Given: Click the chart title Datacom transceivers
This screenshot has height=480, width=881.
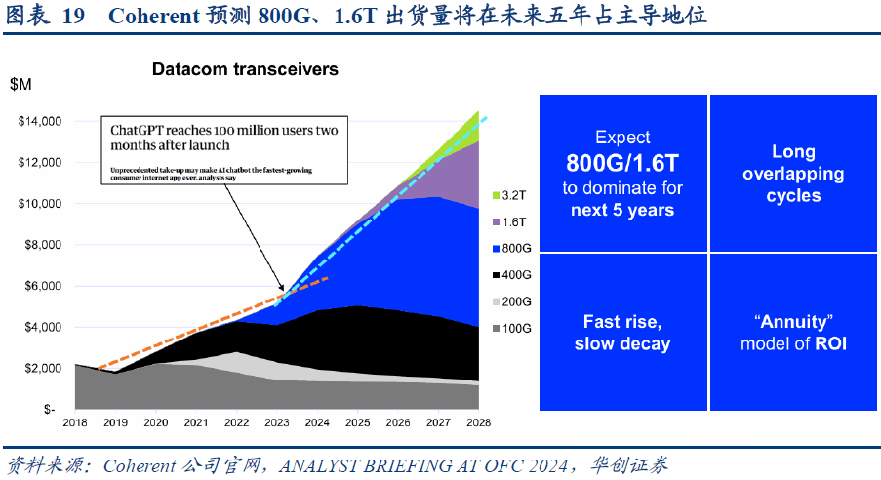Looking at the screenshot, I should pyautogui.click(x=245, y=69).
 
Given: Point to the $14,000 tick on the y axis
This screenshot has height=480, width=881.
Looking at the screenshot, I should pyautogui.click(x=40, y=121).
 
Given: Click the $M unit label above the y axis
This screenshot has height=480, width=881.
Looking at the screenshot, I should pyautogui.click(x=20, y=84).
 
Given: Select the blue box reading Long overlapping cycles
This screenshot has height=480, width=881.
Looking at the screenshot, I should pyautogui.click(x=793, y=174).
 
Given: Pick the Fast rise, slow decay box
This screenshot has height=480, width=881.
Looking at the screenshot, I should pyautogui.click(x=622, y=333).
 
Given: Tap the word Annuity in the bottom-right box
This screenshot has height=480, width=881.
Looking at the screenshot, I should pyautogui.click(x=793, y=322).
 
